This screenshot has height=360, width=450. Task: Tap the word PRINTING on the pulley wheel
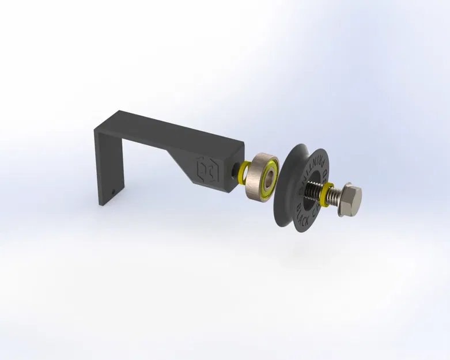tap(314, 161)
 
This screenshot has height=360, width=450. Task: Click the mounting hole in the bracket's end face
tap(236, 170)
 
